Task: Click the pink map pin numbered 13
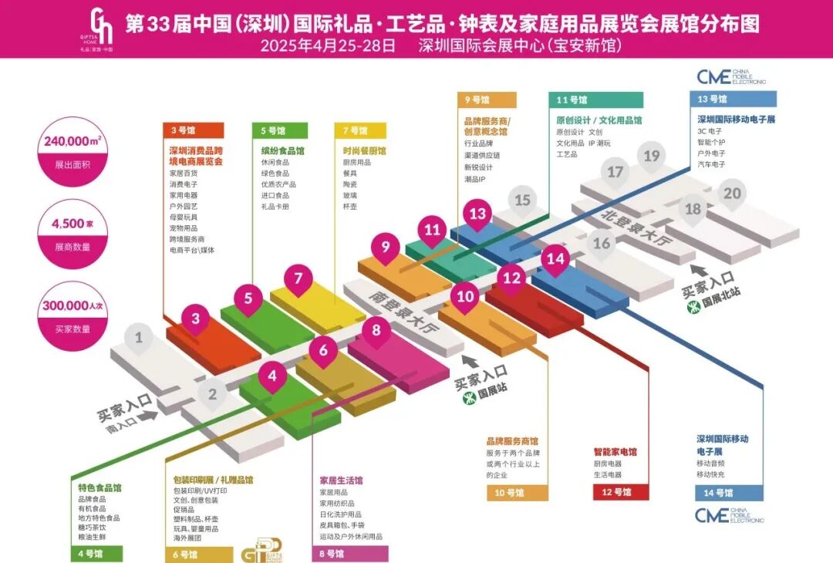(478, 214)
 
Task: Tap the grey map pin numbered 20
(732, 194)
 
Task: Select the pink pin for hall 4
(272, 377)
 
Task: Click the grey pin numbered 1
(139, 338)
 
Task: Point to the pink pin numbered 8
(376, 331)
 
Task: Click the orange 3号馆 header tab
(194, 130)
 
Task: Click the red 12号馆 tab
(621, 492)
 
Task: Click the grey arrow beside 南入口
(148, 415)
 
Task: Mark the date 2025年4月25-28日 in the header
(328, 46)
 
